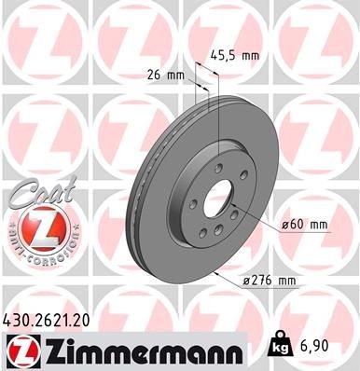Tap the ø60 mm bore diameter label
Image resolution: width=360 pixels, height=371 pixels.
[x=305, y=224]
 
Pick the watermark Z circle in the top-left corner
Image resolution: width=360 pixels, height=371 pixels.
[x=34, y=34]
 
